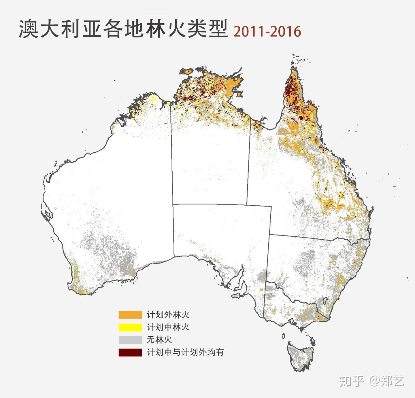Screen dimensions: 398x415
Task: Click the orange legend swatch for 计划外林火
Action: pyautogui.click(x=130, y=315)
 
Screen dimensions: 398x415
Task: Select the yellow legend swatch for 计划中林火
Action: pyautogui.click(x=130, y=327)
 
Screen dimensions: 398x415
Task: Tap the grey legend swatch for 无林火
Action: pyautogui.click(x=130, y=340)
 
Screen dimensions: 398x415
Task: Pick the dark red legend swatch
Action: pyautogui.click(x=130, y=352)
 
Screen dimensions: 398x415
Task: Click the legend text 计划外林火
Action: pyautogui.click(x=168, y=315)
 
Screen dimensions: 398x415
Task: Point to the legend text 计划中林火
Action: pyautogui.click(x=168, y=327)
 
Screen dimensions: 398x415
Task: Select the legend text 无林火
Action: pyautogui.click(x=159, y=340)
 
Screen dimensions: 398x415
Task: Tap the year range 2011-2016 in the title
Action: pyautogui.click(x=267, y=31)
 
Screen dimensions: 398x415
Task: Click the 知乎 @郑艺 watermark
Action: pyautogui.click(x=371, y=381)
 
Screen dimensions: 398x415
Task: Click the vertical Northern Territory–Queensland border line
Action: pyautogui.click(x=248, y=161)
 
